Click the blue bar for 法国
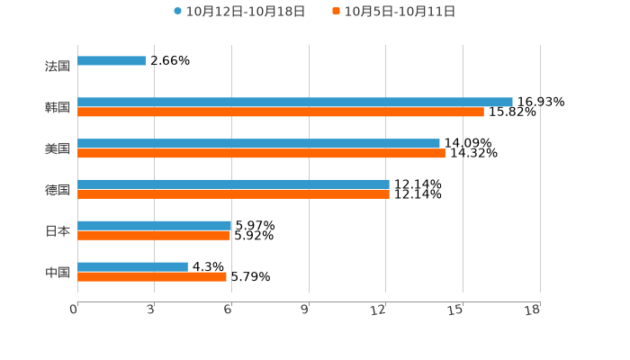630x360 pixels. (x=112, y=61)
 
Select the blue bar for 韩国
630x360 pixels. (x=295, y=103)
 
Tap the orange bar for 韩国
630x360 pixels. (x=281, y=112)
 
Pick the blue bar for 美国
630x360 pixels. (x=259, y=144)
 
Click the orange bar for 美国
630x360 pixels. (x=261, y=154)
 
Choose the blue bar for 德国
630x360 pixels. (x=234, y=184)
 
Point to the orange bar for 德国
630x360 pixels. (x=234, y=194)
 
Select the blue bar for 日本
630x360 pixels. (x=155, y=226)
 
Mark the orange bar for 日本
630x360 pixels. (x=154, y=236)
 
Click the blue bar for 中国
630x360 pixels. (x=133, y=267)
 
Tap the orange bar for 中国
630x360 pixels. (x=152, y=277)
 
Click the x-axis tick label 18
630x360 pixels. (x=532, y=310)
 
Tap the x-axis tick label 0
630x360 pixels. (x=74, y=310)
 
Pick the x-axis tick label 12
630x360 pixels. (x=379, y=310)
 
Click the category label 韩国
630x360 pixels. (x=58, y=108)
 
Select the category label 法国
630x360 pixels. (x=58, y=67)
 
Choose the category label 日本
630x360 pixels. (x=58, y=231)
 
